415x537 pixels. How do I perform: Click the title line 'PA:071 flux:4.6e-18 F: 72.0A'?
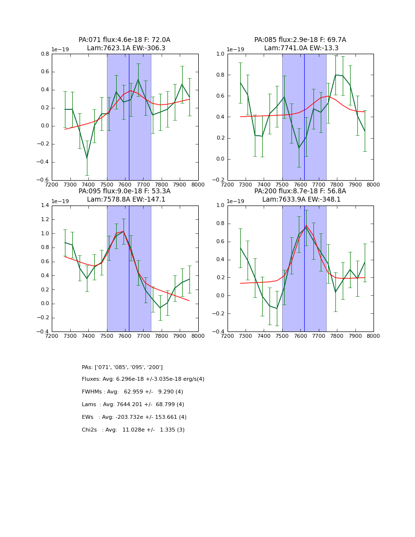tap(124, 40)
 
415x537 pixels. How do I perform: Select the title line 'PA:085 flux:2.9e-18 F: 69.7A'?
tap(300, 40)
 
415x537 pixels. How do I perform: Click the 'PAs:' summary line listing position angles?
tap(122, 367)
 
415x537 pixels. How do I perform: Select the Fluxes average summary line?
tap(143, 379)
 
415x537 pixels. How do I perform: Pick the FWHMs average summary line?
tap(132, 392)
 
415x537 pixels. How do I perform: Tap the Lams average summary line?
tap(133, 405)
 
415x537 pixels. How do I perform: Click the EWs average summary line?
tap(134, 417)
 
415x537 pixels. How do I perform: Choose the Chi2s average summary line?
tap(133, 430)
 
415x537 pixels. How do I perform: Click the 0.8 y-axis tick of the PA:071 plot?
tap(44, 54)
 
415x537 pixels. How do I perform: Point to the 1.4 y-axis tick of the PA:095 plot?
tap(44, 206)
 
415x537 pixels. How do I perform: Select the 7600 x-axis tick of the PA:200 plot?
tap(300, 336)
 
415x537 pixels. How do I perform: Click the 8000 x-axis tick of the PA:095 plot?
tap(198, 336)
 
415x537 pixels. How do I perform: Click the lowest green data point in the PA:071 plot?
tap(87, 158)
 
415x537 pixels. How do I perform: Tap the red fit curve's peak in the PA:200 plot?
tap(307, 226)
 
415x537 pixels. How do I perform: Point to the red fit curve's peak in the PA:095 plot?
tap(124, 231)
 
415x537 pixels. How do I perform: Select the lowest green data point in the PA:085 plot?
tap(299, 148)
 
